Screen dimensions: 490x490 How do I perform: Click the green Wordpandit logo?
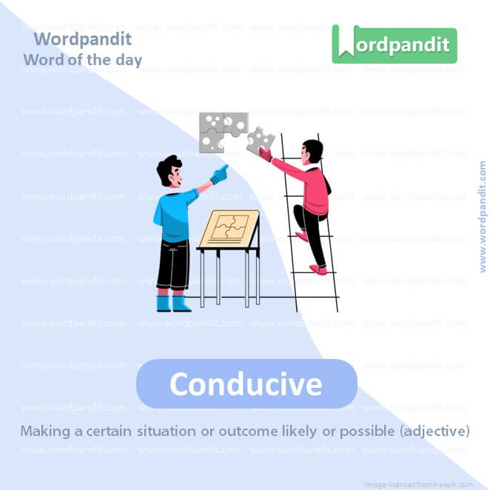(394, 44)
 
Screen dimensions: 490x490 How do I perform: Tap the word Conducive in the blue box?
(246, 383)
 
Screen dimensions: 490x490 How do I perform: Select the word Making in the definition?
(44, 431)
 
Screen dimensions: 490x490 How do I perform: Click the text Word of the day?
(82, 59)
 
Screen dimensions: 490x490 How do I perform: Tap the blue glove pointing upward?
(218, 175)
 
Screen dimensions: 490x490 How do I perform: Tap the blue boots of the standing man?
(172, 302)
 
